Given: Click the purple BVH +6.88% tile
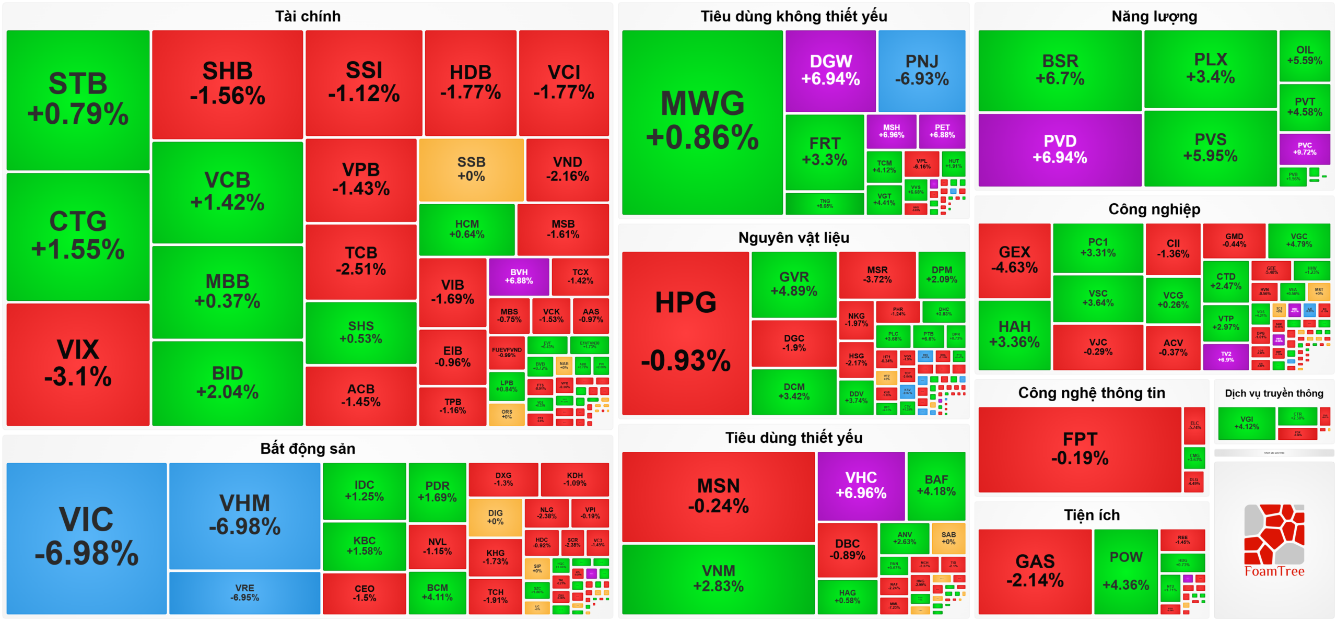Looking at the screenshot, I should [x=519, y=276].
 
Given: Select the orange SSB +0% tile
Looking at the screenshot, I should [x=471, y=170].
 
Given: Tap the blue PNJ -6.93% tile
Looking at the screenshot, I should [x=922, y=71].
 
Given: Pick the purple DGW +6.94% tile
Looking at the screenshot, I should [x=830, y=71].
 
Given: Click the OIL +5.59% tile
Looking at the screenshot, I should [x=1305, y=55].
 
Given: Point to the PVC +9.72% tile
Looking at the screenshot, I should [x=1305, y=149].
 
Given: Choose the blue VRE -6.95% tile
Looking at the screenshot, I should [x=244, y=593].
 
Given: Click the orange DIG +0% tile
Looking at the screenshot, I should [x=495, y=517].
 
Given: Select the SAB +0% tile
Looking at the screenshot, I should [x=948, y=538].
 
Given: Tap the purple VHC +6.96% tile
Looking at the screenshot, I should [x=861, y=485].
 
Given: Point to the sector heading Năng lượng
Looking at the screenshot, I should [x=1154, y=16].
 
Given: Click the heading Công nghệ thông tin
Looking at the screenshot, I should [x=1092, y=393].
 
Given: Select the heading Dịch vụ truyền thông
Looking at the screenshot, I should [x=1274, y=393].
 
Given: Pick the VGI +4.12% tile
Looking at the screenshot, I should [x=1247, y=423].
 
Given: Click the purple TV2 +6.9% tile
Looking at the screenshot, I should [x=1226, y=357].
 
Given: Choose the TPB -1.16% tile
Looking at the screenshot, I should [x=453, y=406].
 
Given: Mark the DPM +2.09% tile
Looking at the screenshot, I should [x=942, y=274].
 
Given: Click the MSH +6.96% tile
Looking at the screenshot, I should [x=892, y=131].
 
